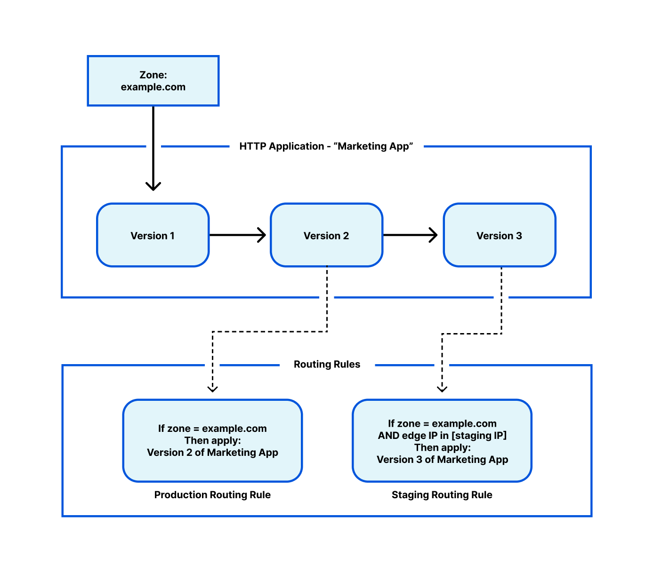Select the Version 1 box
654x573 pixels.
click(153, 235)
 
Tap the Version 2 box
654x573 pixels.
click(326, 235)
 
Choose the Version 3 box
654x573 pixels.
click(499, 235)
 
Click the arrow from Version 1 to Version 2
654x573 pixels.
click(237, 235)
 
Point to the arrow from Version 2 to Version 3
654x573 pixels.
click(410, 235)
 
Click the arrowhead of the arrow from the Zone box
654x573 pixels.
click(153, 186)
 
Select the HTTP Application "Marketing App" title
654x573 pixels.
click(326, 146)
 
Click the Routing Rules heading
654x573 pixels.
click(327, 365)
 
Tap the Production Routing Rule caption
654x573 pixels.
click(212, 495)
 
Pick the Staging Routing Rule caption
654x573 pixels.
click(442, 495)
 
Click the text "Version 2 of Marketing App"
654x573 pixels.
click(212, 453)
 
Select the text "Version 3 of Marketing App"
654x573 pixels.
click(442, 460)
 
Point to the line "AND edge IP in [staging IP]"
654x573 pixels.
click(442, 436)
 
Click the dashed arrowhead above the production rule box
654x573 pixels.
click(213, 389)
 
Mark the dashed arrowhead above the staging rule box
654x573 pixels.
click(442, 389)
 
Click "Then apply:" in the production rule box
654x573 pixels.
click(212, 441)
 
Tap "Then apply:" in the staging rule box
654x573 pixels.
click(442, 447)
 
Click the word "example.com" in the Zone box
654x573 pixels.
click(153, 87)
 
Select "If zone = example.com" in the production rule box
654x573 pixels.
click(212, 429)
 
